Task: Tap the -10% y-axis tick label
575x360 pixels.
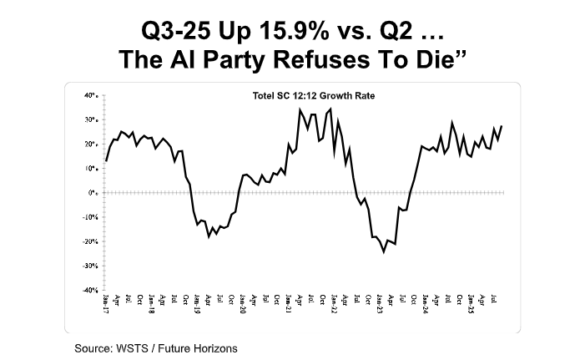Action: pyautogui.click(x=91, y=217)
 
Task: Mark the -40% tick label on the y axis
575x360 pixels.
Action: pyautogui.click(x=91, y=290)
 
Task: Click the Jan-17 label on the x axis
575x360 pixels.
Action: pyautogui.click(x=107, y=302)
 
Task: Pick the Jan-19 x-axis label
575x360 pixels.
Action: pyautogui.click(x=197, y=302)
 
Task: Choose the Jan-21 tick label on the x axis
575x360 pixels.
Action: pyautogui.click(x=288, y=302)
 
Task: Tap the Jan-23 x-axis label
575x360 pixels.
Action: pyautogui.click(x=379, y=302)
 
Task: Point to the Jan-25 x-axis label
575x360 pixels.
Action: pyautogui.click(x=470, y=302)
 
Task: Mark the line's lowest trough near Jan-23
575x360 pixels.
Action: pyautogui.click(x=383, y=251)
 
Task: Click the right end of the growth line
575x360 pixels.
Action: pyautogui.click(x=502, y=126)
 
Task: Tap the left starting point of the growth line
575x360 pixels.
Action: pyautogui.click(x=107, y=161)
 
